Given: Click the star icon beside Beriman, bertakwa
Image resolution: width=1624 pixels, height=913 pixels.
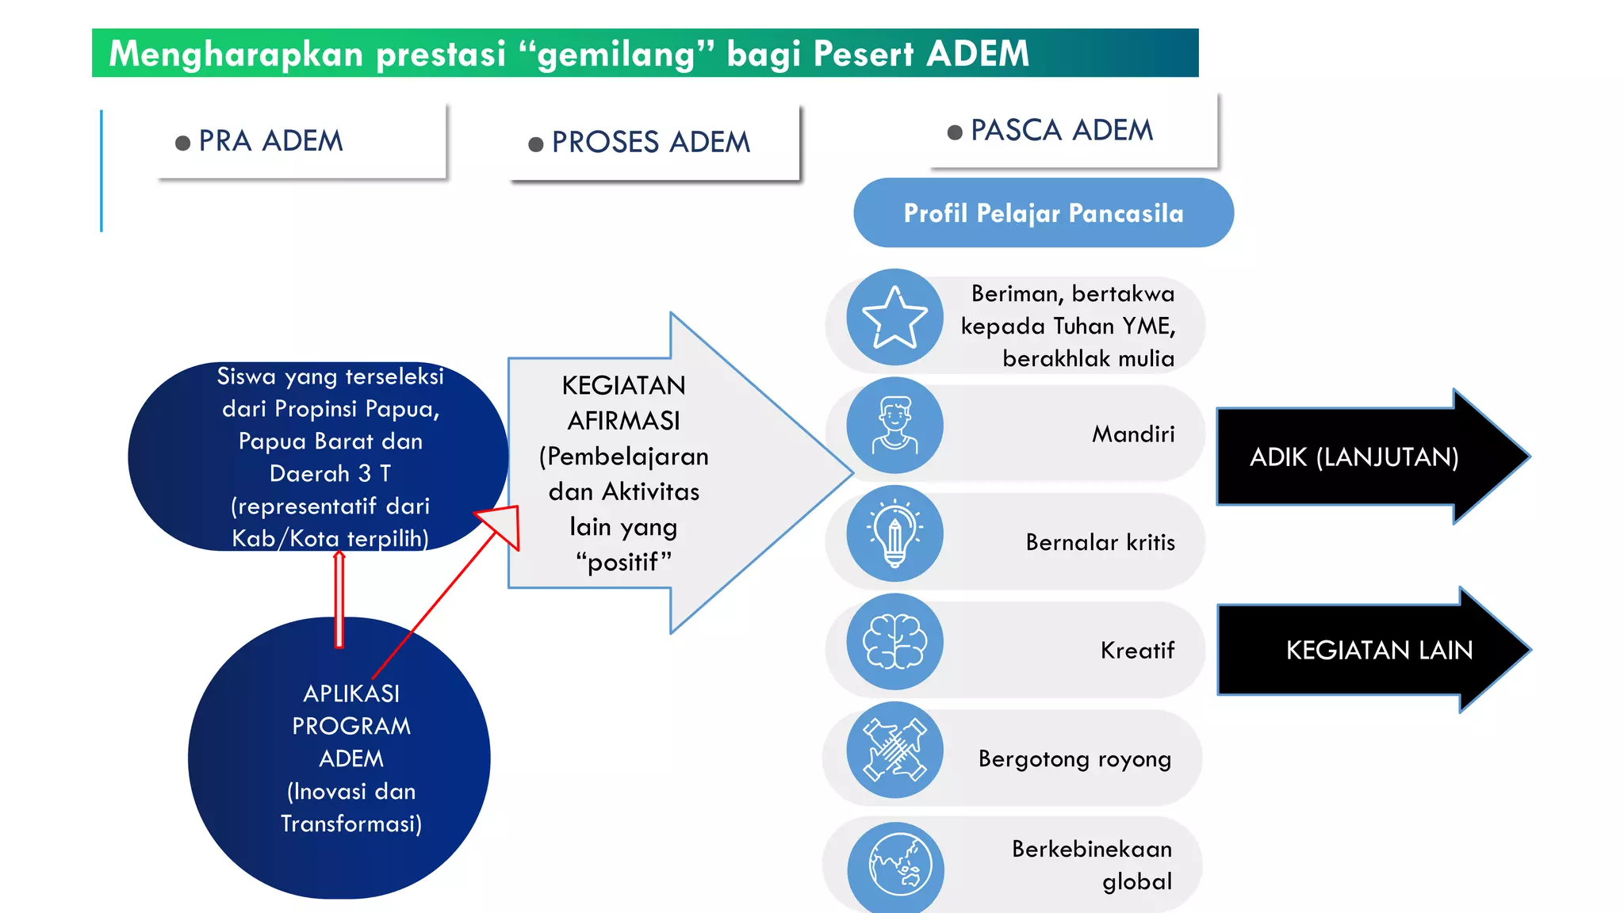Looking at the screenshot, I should [894, 317].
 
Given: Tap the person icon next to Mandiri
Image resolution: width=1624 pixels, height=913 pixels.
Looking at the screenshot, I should [894, 426].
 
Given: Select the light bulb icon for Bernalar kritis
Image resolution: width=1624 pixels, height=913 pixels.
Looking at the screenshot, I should [894, 533].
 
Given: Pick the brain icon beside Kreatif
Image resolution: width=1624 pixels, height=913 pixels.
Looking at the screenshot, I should [894, 642].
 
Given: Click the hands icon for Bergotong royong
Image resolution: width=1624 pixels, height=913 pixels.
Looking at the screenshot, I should [894, 750].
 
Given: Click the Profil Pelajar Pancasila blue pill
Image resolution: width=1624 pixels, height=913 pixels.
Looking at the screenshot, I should [1043, 213].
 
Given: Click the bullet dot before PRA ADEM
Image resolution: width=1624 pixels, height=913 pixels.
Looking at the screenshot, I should [182, 143].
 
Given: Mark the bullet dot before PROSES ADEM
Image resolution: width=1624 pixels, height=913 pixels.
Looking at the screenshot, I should [536, 144].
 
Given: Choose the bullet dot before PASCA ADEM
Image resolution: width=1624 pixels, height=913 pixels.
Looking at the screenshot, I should [955, 132].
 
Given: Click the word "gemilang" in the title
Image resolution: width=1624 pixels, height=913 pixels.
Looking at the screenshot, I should [617, 55].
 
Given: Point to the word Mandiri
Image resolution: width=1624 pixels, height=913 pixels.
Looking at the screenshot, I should [1133, 434].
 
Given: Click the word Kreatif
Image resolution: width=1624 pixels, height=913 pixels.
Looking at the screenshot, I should [1137, 651].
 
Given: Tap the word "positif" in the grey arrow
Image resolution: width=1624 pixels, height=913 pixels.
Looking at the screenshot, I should [623, 562].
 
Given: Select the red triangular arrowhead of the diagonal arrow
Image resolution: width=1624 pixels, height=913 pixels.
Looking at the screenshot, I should [502, 525].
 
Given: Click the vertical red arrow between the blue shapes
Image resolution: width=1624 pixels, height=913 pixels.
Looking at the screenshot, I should [339, 600].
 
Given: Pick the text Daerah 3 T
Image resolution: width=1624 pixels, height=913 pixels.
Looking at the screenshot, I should [330, 474].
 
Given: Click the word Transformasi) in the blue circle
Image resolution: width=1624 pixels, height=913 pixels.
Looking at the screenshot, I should [350, 824].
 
